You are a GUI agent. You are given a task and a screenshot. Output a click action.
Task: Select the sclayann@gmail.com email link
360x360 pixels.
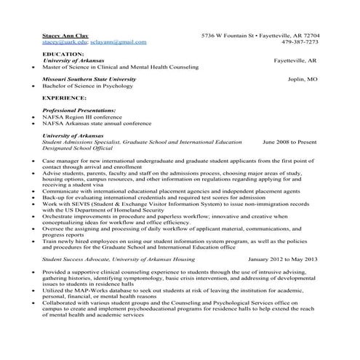(x=118, y=42)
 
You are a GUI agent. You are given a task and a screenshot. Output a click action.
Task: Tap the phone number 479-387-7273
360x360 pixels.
(x=299, y=42)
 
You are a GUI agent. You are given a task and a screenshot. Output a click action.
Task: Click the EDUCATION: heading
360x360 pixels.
(x=63, y=54)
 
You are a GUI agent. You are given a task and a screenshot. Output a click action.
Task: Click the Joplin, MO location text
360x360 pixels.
(x=302, y=78)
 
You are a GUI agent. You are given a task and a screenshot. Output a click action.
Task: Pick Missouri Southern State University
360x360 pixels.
(x=89, y=78)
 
